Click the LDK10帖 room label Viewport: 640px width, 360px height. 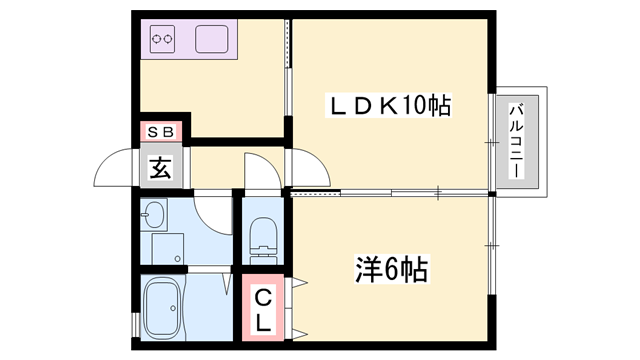pyautogui.click(x=391, y=104)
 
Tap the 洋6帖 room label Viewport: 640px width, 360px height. pyautogui.click(x=392, y=270)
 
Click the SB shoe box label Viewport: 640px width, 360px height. pyautogui.click(x=161, y=132)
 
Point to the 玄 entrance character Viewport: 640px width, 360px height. pyautogui.click(x=161, y=167)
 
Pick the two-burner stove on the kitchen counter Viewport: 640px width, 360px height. pyautogui.click(x=163, y=41)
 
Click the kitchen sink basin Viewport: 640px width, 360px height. pyautogui.click(x=213, y=41)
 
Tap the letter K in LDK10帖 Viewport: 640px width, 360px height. pyautogui.click(x=387, y=104)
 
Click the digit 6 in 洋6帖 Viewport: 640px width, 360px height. pyautogui.click(x=392, y=270)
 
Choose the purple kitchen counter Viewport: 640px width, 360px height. pyautogui.click(x=189, y=40)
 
